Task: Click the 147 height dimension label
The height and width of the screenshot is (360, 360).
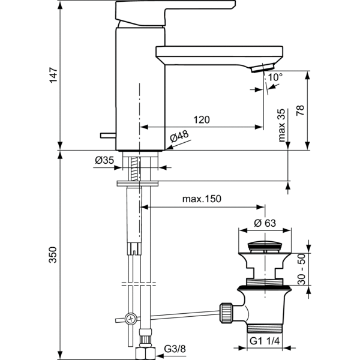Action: point(53,75)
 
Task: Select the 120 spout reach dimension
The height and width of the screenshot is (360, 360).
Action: point(202,119)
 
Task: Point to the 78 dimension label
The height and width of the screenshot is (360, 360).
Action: point(300,112)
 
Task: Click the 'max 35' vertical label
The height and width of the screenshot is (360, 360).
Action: point(281,124)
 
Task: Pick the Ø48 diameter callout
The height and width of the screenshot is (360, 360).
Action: point(179,137)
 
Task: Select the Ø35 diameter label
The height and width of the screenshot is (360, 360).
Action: point(105,160)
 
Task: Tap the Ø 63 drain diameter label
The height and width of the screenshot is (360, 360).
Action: point(265,223)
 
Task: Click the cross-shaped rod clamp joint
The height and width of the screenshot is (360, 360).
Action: point(130,319)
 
